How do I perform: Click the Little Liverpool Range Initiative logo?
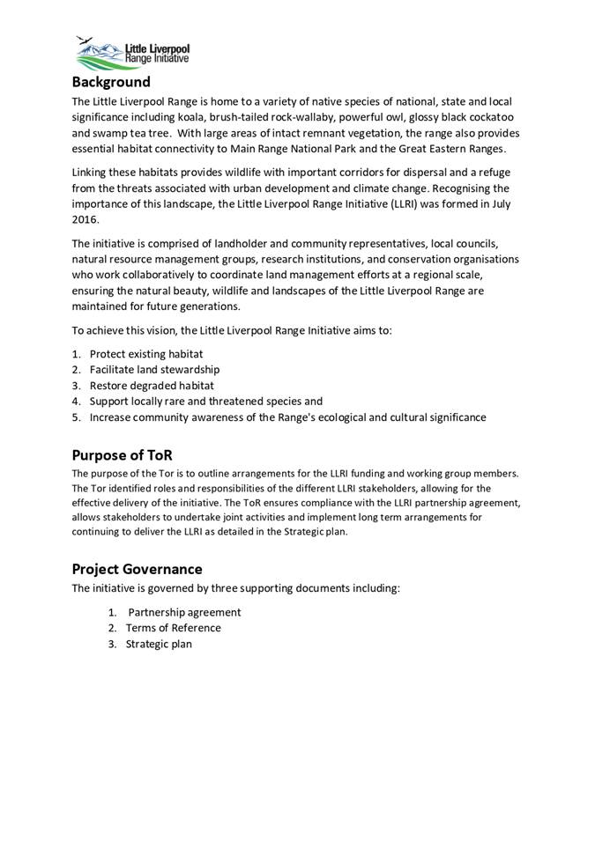[132, 54]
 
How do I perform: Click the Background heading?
[111, 83]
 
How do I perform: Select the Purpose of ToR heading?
[122, 455]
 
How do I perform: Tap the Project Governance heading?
[137, 569]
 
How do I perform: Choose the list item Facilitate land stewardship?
[154, 369]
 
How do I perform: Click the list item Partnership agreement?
[184, 612]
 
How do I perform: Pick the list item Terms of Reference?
[174, 628]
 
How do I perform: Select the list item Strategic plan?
[159, 644]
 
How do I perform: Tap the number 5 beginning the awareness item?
[77, 417]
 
